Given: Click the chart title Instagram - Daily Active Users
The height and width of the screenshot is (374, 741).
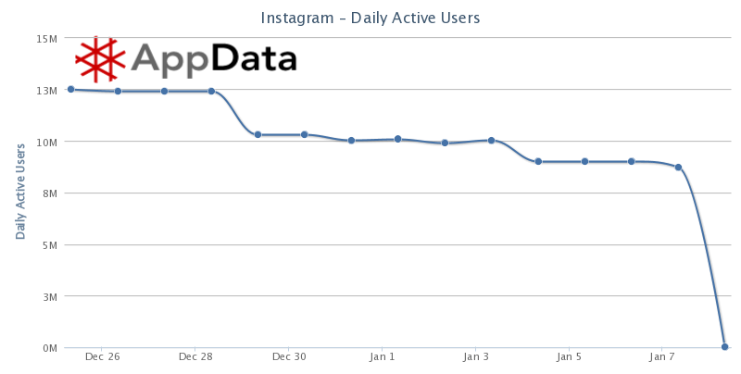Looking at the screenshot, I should point(370,19).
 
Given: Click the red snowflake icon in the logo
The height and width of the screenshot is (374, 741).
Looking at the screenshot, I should point(99,58).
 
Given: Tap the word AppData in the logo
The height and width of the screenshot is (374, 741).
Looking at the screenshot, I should point(213,58).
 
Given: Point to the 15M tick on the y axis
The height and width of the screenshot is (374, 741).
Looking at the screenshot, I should point(47,39).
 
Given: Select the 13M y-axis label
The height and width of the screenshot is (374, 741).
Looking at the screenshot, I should point(47,91).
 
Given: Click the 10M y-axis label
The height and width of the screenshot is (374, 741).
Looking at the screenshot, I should point(47,143).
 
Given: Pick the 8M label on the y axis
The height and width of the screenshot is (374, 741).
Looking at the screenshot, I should point(50,193).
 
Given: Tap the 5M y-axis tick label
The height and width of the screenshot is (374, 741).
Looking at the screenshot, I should point(50,245).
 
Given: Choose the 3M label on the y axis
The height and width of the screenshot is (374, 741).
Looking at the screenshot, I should point(50,297).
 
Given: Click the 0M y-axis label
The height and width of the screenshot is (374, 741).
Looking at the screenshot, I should point(50,348).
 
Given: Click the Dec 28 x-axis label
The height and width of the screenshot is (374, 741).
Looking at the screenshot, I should point(195,356).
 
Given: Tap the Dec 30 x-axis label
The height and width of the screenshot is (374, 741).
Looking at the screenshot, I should point(289,356).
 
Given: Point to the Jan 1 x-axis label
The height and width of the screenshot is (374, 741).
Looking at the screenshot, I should point(383,356).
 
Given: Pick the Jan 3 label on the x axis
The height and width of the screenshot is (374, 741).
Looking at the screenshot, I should point(476,356).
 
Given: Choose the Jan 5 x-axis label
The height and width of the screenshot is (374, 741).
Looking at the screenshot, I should point(570,356).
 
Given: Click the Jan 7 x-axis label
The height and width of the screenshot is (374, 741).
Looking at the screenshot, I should point(663,356).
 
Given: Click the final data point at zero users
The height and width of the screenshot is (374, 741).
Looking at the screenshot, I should point(725,347).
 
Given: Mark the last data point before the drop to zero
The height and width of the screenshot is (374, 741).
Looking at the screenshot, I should point(678,168).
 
